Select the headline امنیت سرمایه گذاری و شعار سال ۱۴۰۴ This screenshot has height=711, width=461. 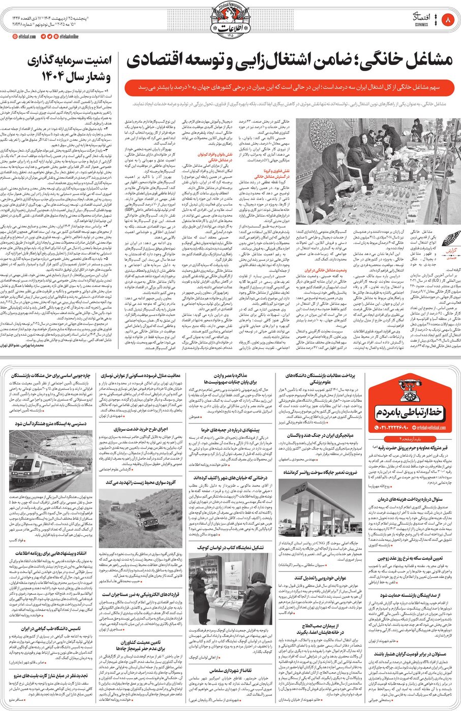[x=71, y=68]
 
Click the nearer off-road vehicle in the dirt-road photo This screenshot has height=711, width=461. [x=146, y=520]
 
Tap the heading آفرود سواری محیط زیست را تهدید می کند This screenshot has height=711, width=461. [x=140, y=482]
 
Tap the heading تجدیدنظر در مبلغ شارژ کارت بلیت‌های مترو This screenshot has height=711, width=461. [x=51, y=675]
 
